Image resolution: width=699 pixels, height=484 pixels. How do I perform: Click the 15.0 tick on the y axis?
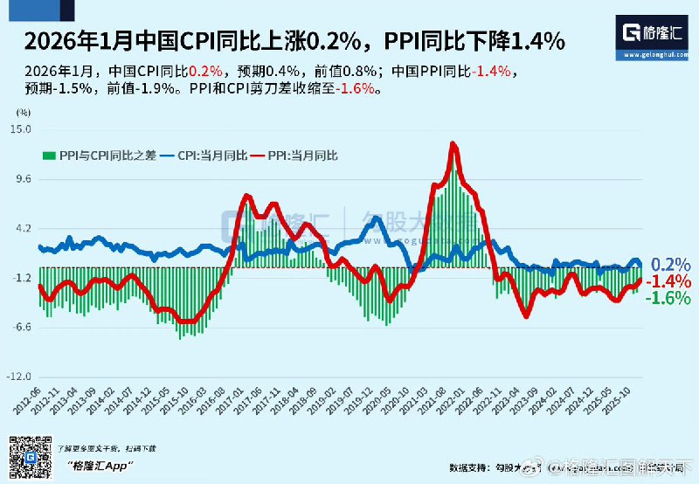20,129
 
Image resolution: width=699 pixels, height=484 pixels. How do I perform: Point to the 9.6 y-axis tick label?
22,179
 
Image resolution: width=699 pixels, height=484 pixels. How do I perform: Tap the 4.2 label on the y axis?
22,229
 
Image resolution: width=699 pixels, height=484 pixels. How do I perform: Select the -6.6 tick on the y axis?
20,328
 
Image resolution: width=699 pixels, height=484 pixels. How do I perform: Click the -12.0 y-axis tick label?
18,377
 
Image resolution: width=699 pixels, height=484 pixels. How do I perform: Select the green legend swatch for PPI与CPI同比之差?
50,156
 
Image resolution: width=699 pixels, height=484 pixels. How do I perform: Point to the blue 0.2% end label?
671,264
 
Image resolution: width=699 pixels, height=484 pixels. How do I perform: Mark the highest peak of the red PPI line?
452,143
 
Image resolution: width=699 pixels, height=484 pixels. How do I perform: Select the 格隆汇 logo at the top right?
657,34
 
